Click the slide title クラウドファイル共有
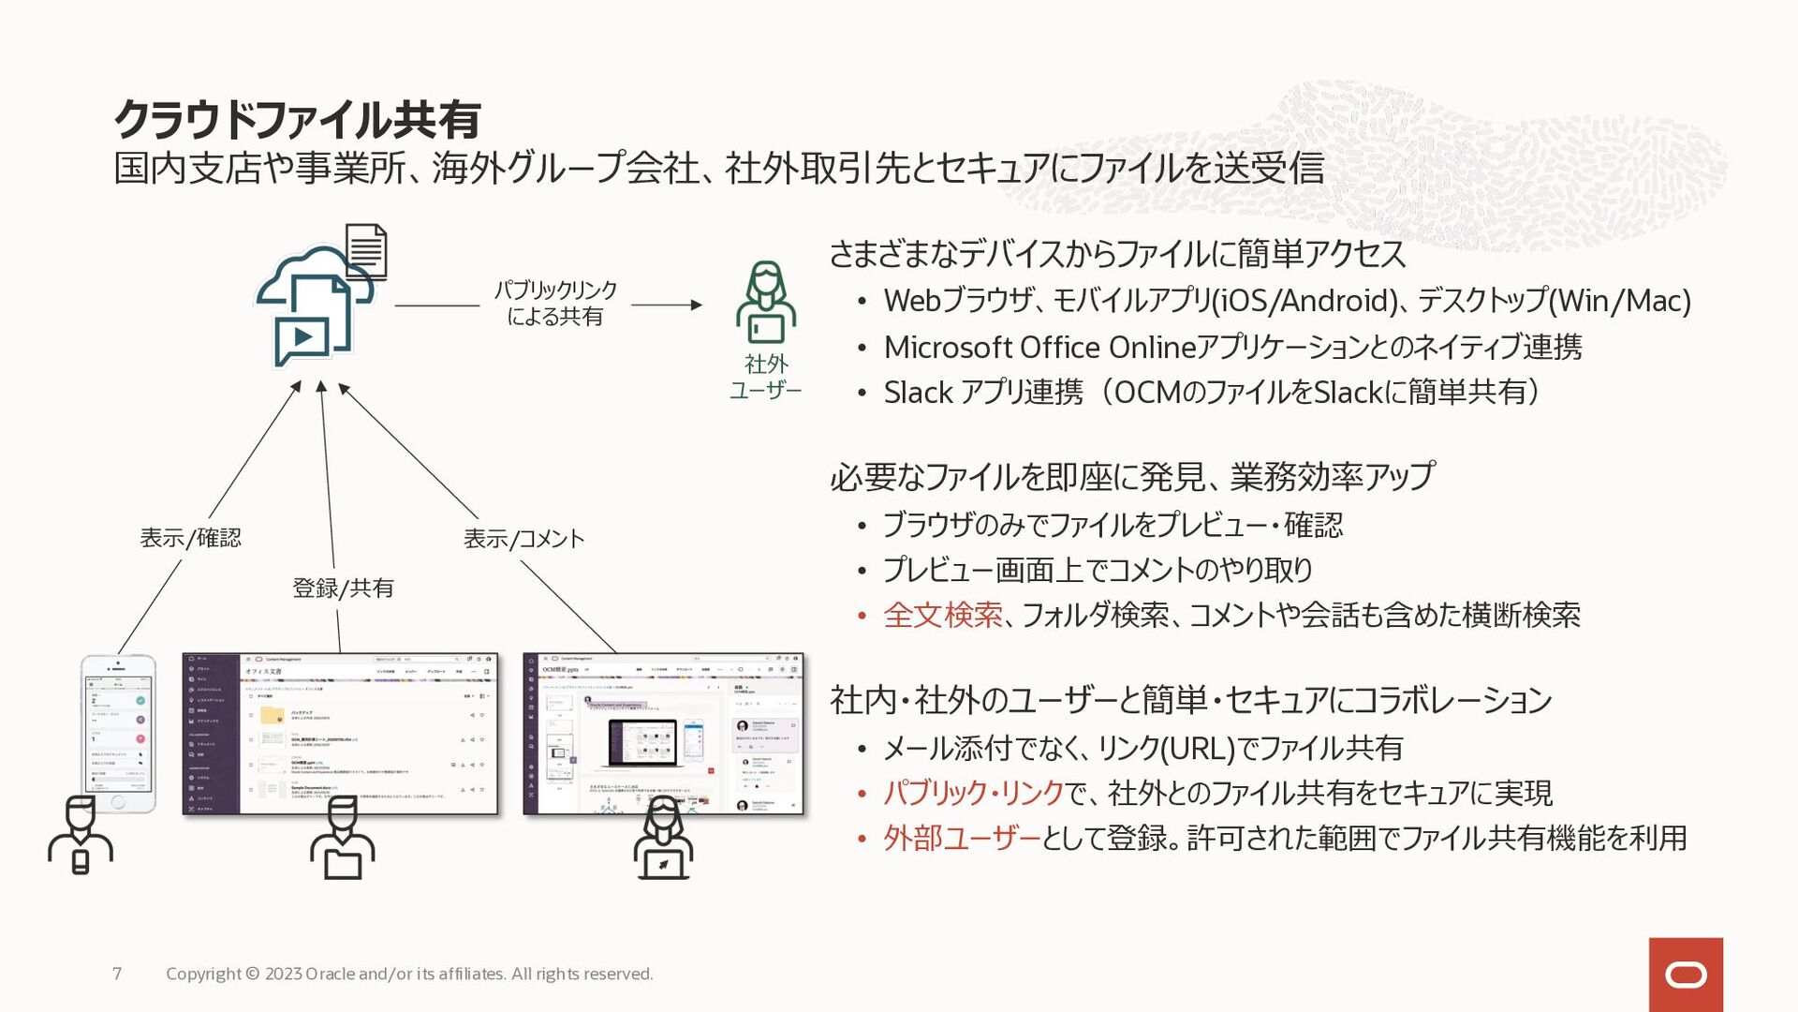tap(297, 119)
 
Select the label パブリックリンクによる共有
tap(555, 303)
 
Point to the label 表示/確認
tap(190, 538)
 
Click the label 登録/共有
tap(343, 588)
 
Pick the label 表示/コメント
tap(523, 539)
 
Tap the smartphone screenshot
tap(118, 733)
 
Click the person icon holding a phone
tap(81, 837)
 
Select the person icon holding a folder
tap(342, 839)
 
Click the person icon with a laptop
tap(663, 839)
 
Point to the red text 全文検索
tap(942, 616)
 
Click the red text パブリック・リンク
tap(973, 794)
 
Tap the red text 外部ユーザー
tap(961, 838)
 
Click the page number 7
tap(117, 974)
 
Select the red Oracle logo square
tap(1686, 975)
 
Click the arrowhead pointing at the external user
tap(696, 305)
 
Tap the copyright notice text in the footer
tap(409, 974)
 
